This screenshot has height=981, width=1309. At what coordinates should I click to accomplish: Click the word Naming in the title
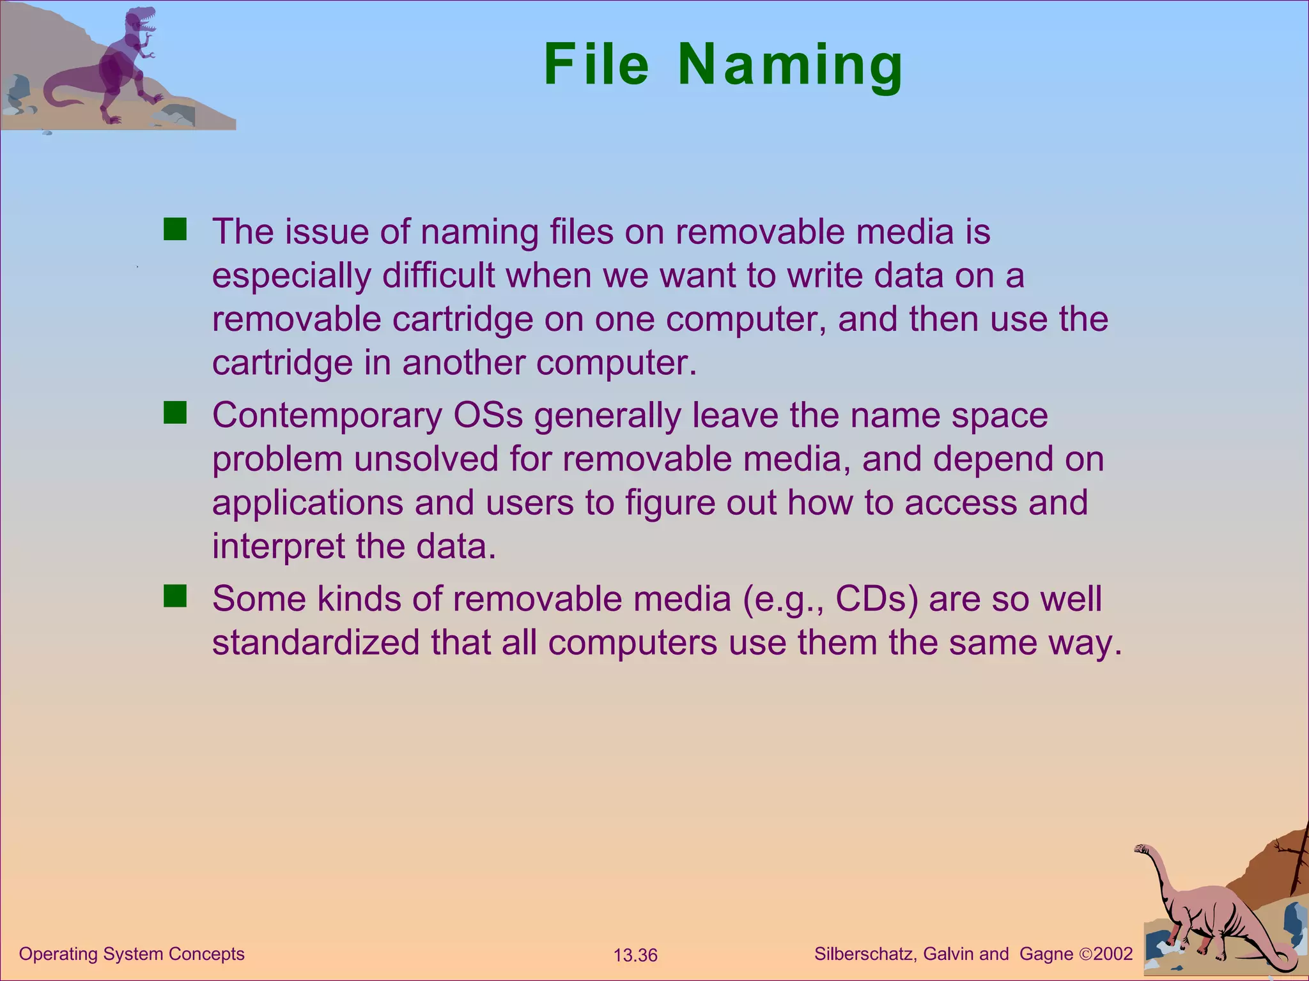[790, 65]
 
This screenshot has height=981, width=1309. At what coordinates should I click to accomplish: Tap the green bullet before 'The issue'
[174, 229]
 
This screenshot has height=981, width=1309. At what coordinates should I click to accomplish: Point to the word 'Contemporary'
[327, 416]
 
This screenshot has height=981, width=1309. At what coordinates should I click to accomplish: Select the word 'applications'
[307, 503]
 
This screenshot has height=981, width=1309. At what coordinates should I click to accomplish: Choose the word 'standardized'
[316, 643]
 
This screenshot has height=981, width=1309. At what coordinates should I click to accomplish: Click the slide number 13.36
[635, 955]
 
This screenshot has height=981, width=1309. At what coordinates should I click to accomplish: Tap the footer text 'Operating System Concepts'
[132, 954]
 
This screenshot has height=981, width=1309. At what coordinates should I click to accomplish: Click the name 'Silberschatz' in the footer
[866, 954]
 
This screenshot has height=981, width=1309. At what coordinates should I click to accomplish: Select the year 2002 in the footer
[1113, 954]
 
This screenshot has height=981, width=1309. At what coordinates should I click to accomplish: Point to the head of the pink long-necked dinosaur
[1142, 849]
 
